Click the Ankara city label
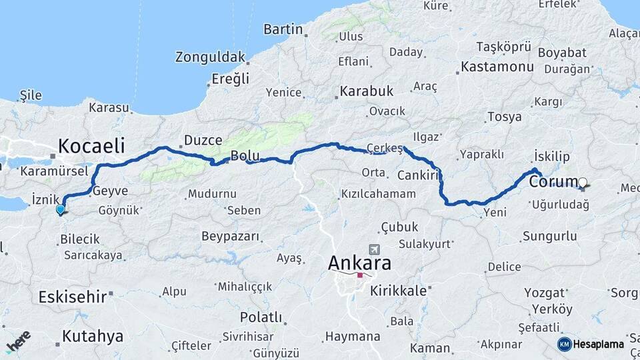359,263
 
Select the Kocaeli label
93,145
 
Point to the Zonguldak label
211,57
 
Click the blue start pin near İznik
61,209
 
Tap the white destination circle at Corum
583,182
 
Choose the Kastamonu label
497,67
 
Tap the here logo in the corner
19,340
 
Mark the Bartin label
283,29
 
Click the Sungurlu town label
549,236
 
